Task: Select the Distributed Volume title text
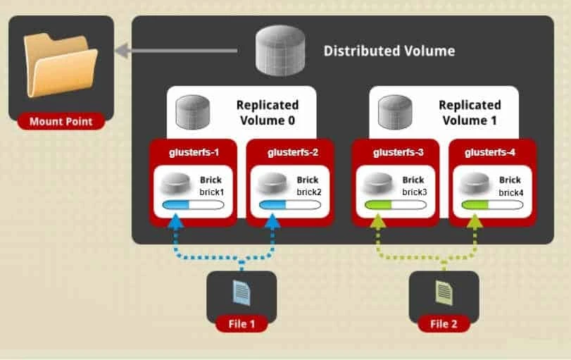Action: tap(389, 51)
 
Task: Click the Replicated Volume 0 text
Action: tap(267, 113)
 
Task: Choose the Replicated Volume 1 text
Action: tap(470, 113)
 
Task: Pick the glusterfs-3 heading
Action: tap(395, 152)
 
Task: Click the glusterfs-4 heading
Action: tap(491, 152)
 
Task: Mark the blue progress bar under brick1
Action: tap(193, 205)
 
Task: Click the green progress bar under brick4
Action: tap(491, 205)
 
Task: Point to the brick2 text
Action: tap(308, 191)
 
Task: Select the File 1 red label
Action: tap(241, 323)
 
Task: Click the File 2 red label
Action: tap(444, 323)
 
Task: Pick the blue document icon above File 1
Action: tap(241, 291)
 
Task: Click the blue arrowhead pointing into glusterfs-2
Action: tap(272, 221)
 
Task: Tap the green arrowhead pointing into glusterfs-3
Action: tap(378, 221)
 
